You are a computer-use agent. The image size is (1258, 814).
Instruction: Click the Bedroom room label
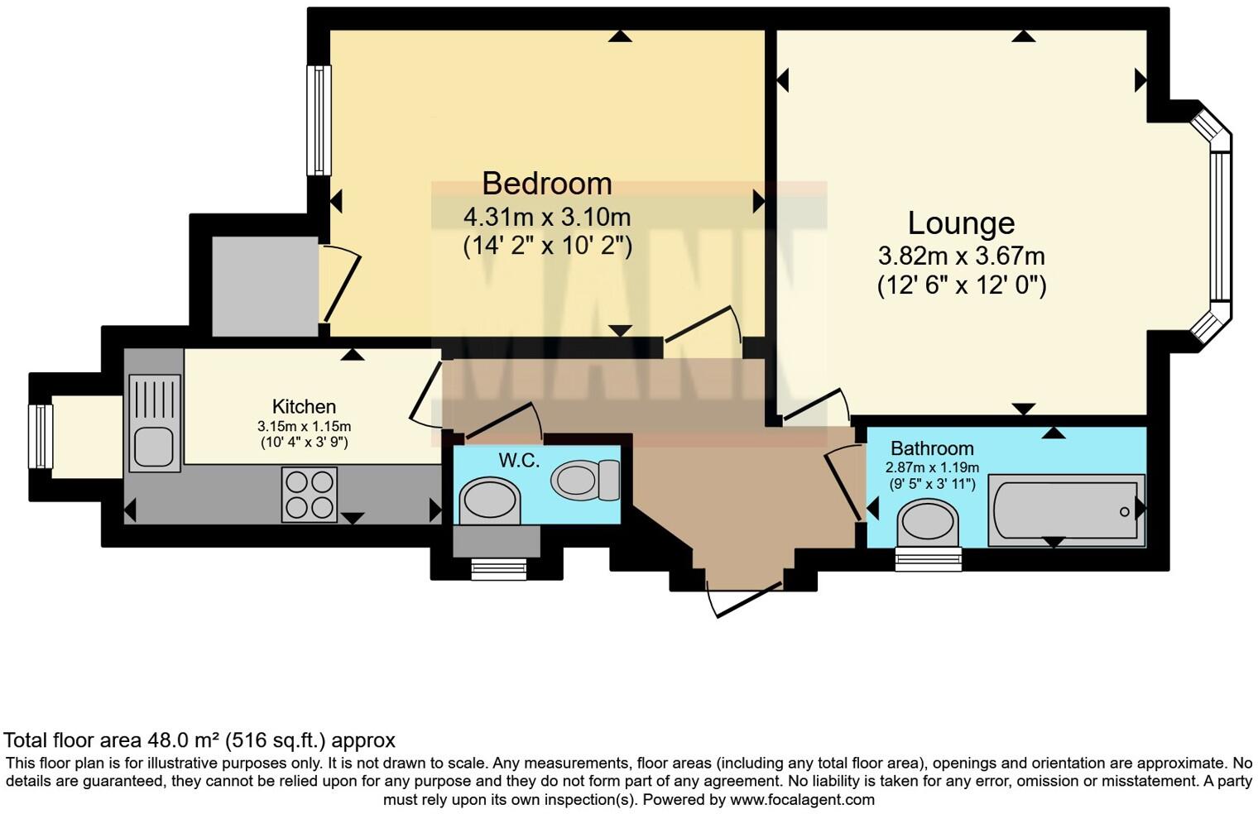[x=546, y=183]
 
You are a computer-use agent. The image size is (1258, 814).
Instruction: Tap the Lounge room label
[x=961, y=223]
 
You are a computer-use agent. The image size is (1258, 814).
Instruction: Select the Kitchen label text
[x=304, y=406]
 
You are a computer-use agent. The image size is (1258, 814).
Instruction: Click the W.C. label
[x=519, y=460]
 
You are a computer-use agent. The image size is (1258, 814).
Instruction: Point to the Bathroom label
[x=932, y=448]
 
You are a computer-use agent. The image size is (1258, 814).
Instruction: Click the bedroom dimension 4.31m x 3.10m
[x=546, y=218]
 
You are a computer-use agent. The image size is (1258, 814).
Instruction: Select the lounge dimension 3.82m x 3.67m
[x=961, y=256]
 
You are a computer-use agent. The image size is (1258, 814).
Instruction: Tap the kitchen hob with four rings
[x=310, y=495]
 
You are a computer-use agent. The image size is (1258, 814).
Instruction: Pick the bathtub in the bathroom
[x=1066, y=510]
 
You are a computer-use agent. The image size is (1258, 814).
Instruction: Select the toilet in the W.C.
[x=586, y=480]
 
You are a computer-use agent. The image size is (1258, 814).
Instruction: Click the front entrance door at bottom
[x=745, y=599]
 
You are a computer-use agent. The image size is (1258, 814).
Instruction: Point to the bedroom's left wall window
[x=319, y=121]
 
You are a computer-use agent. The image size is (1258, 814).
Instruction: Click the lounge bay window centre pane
[x=1221, y=226]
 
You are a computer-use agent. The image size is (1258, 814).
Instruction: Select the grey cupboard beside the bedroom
[x=265, y=286]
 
